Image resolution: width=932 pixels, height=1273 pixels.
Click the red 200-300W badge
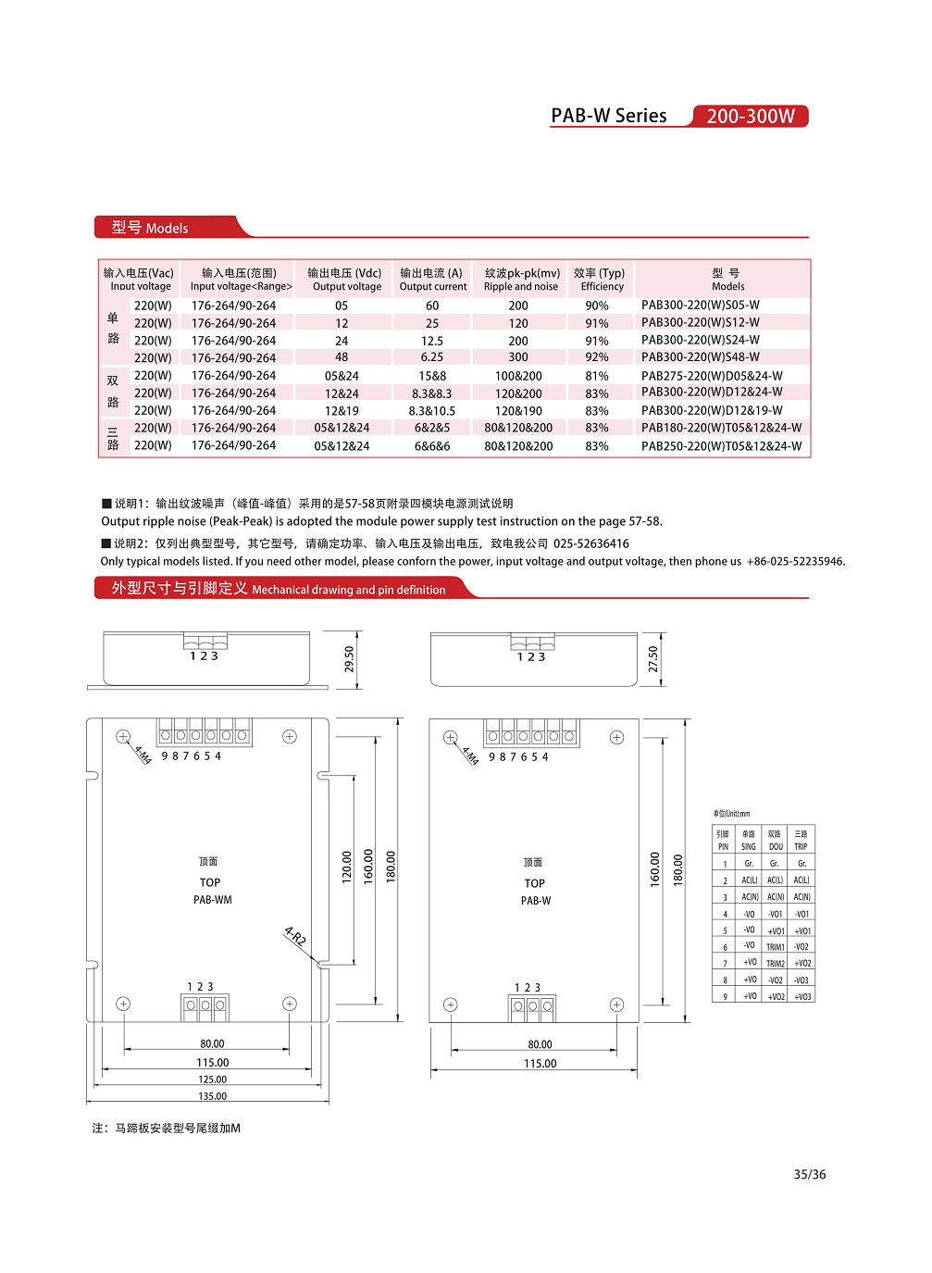tap(750, 116)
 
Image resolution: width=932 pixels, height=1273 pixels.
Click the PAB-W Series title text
tap(608, 116)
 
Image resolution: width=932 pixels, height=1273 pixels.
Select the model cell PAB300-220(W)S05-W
tap(700, 305)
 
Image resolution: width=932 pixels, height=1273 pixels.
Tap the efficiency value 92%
tap(597, 357)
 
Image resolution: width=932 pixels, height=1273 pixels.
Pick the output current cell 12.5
tap(431, 341)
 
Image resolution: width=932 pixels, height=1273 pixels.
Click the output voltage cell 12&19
tap(342, 410)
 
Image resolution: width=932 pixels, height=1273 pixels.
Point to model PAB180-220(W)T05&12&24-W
tap(721, 428)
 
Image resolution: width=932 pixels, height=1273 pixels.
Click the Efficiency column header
tap(600, 280)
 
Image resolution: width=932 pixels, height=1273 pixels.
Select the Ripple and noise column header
tap(521, 280)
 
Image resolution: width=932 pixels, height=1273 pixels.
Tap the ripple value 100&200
tap(518, 376)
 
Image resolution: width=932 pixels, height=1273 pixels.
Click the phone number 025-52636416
tap(590, 543)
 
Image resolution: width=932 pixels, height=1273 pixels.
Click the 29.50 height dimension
tap(349, 659)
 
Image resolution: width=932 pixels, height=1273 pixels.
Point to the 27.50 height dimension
tap(652, 659)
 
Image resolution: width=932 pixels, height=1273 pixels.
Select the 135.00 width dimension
tap(212, 1096)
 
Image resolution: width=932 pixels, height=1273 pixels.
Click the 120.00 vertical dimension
tap(347, 867)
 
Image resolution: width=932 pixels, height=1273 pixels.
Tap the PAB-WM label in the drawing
tap(213, 900)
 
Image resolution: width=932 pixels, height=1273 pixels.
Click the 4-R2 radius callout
tap(295, 936)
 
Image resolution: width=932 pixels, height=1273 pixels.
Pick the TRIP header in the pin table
tap(801, 840)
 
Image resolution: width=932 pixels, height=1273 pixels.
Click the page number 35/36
tap(809, 1174)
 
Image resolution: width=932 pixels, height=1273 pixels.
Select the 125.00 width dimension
tap(212, 1080)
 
